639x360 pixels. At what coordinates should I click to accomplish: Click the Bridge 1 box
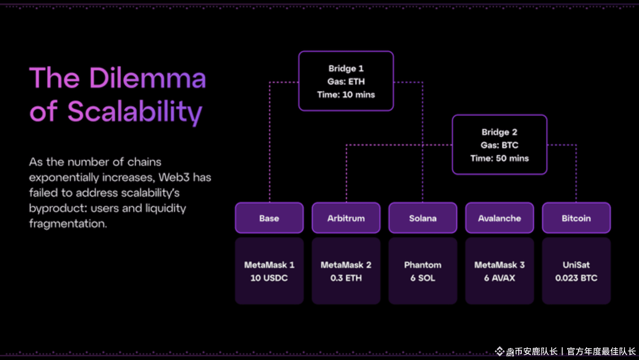click(346, 81)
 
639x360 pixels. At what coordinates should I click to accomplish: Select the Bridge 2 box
click(499, 145)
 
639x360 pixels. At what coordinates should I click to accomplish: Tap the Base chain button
click(269, 218)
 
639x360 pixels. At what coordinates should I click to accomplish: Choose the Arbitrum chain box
click(346, 218)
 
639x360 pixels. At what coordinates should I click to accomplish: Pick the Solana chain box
click(423, 218)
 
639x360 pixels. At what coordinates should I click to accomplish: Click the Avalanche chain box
click(499, 218)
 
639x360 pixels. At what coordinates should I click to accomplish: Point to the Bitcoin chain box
click(576, 218)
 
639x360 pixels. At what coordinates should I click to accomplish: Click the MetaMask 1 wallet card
click(269, 271)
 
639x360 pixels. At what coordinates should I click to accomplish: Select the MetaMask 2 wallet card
click(346, 271)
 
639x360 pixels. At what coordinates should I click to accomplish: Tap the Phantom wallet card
click(423, 271)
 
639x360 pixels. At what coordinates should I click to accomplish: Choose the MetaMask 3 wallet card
click(499, 271)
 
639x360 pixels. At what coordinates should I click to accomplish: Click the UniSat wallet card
click(576, 271)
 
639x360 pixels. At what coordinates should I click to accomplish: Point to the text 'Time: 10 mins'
click(346, 95)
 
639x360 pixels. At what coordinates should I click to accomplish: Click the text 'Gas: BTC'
click(499, 145)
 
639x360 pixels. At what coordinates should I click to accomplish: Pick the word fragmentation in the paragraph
click(68, 224)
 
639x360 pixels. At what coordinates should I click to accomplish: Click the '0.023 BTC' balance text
click(576, 278)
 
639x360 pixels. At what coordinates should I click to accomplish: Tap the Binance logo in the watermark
click(500, 351)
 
